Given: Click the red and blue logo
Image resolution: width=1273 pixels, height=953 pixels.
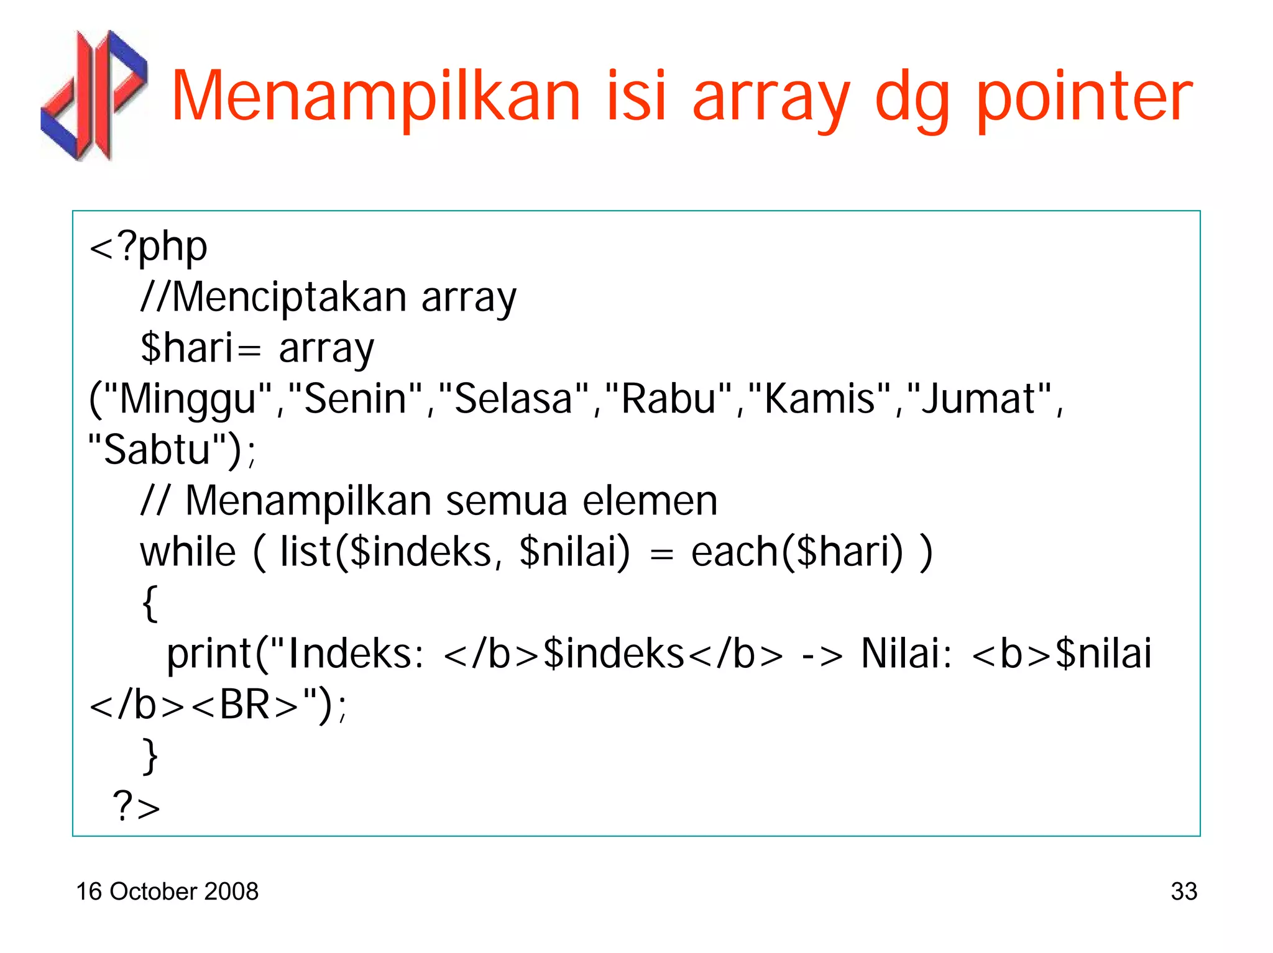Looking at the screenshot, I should [x=94, y=95].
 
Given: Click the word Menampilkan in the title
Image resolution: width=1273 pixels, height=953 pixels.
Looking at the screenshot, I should [x=375, y=96].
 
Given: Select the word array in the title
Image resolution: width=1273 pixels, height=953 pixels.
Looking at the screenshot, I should [x=771, y=99].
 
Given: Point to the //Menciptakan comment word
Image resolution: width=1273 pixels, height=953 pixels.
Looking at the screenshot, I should [x=273, y=297].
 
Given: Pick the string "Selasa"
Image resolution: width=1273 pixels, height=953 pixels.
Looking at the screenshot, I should [x=513, y=399].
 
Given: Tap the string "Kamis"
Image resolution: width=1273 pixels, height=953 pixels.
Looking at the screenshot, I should [x=821, y=399].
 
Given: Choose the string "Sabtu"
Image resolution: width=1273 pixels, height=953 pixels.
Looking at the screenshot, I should [x=158, y=450].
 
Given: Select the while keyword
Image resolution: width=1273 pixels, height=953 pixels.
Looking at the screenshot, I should [x=188, y=552].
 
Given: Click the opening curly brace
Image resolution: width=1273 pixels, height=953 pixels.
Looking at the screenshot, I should [x=150, y=603].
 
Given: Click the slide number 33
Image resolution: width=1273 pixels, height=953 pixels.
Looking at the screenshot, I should [x=1183, y=891].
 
